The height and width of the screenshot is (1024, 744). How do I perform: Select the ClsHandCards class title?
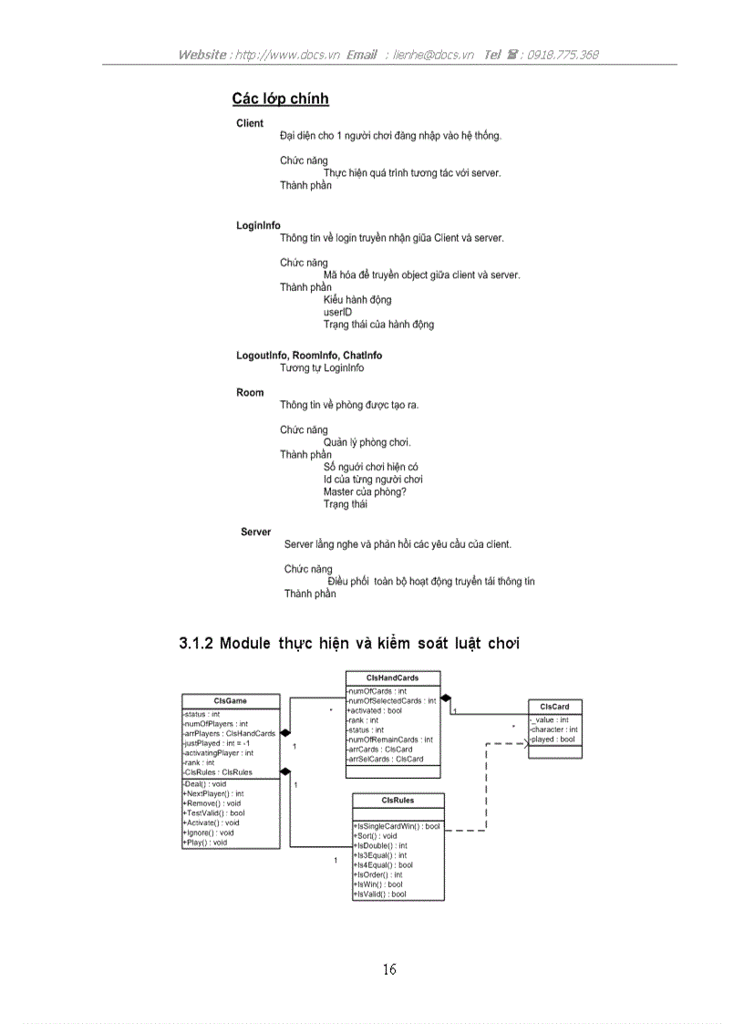(x=392, y=678)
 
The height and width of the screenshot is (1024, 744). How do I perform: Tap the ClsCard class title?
(x=554, y=707)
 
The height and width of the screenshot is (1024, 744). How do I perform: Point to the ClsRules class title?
(x=398, y=801)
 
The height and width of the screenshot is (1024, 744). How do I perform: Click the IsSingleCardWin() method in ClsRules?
(x=397, y=826)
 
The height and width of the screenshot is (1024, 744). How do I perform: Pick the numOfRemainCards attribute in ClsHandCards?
(x=390, y=740)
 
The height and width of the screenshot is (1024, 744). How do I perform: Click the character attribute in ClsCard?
(x=554, y=729)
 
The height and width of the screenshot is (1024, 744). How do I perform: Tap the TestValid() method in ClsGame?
(x=213, y=813)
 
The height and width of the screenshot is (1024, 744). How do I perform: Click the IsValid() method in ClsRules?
(x=379, y=895)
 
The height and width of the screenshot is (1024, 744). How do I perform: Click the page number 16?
(x=389, y=969)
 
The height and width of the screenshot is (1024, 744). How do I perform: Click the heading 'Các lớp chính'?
(x=281, y=99)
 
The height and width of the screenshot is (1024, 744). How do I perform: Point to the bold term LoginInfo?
(x=258, y=226)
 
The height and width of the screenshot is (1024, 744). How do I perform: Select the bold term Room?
(x=250, y=393)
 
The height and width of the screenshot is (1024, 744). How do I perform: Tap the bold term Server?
(x=255, y=532)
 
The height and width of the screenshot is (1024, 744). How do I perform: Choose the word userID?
(x=337, y=312)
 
